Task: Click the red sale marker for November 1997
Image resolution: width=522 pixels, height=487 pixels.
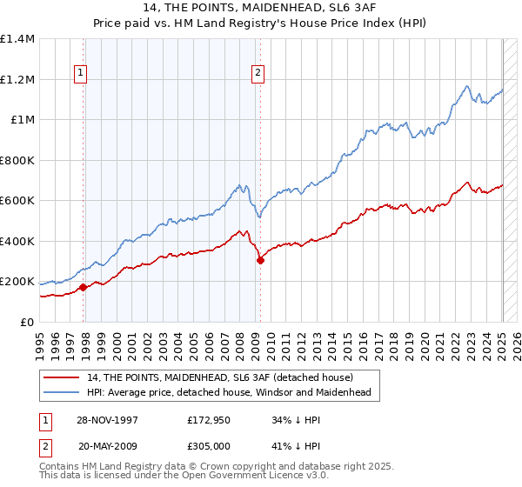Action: (x=84, y=287)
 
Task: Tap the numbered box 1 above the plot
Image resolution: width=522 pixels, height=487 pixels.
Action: (x=80, y=74)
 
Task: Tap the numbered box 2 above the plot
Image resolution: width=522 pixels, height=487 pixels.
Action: (x=258, y=74)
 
